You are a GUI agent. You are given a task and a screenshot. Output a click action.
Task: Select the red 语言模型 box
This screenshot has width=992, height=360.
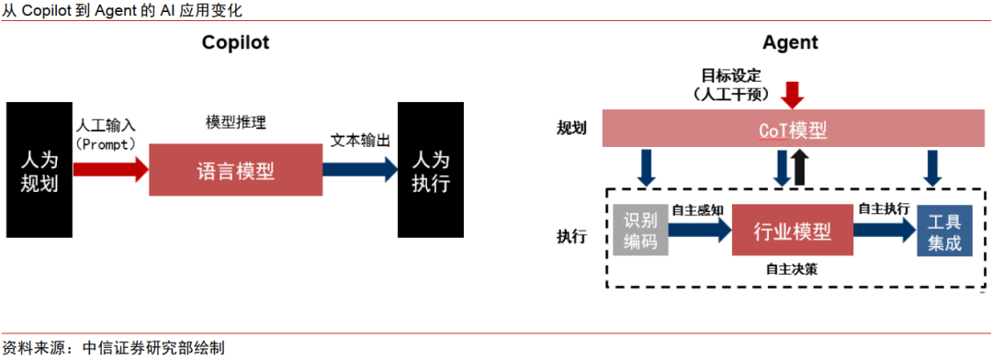point(235,170)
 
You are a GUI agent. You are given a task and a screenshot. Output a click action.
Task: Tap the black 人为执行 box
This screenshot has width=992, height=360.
point(430,170)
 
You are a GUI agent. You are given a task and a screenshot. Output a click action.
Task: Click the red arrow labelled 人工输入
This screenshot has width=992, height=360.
point(109,169)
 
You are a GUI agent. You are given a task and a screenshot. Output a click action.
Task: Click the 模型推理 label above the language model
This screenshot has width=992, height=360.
point(237,122)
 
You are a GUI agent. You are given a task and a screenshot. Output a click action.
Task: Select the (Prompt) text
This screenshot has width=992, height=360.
point(107,144)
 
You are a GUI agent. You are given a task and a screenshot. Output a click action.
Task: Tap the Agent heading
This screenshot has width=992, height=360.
point(790,42)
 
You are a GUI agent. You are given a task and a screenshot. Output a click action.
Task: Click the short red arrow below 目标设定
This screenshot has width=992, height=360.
point(792,94)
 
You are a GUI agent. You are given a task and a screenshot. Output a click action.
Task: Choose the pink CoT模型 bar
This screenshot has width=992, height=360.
point(793,130)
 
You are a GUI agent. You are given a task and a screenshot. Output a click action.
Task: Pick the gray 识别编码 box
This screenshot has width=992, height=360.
point(640,231)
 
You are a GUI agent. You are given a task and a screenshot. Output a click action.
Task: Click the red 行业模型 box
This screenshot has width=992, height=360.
point(792,231)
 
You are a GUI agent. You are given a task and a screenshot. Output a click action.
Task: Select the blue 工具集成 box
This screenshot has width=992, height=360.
point(943,231)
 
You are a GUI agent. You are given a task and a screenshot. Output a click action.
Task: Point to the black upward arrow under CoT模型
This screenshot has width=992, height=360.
point(799,168)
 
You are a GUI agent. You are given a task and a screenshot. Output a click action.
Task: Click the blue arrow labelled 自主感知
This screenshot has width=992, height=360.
point(699,231)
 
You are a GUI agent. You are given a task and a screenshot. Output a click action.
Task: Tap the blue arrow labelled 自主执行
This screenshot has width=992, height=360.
point(885,231)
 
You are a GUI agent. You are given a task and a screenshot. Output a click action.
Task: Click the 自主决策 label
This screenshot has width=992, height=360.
point(792,270)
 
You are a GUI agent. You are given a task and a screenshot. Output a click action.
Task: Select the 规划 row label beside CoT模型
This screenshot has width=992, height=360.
point(571,129)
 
